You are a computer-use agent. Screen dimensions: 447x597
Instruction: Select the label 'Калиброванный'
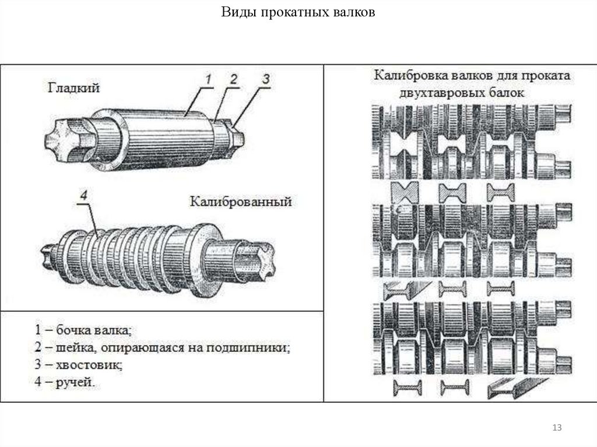coord(240,202)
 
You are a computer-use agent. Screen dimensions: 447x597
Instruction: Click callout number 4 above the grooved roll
coord(83,196)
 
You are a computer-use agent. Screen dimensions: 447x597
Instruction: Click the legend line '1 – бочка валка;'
coord(82,330)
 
